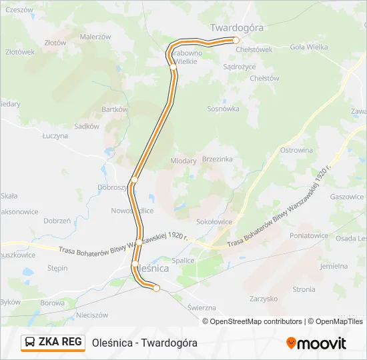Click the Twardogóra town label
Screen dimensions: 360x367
coord(237,27)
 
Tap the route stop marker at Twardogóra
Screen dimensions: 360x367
coord(236,40)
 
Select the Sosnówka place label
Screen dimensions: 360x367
coord(223,108)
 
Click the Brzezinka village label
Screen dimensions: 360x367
coord(217,159)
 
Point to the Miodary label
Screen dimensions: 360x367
coord(183,161)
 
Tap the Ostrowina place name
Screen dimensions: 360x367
coord(297,150)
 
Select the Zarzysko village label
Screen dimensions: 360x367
coord(263,299)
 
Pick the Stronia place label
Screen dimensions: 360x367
coord(304,289)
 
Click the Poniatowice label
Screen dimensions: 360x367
coord(308,235)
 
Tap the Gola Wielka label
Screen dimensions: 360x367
coord(309,47)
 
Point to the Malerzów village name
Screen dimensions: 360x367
coord(95,37)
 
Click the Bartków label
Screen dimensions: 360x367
coord(114,109)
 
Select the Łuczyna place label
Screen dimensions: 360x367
coord(55,135)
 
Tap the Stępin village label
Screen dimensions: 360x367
coord(57,268)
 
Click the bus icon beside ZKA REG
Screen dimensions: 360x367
coord(31,343)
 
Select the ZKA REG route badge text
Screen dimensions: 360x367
coord(60,342)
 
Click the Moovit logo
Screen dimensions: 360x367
coord(316,343)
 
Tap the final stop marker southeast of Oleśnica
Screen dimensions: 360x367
coord(157,288)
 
